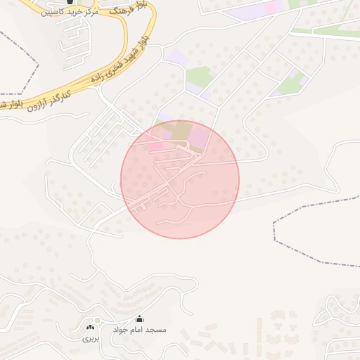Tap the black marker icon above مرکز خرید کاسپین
tap(70, 2)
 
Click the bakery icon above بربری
tap(90, 327)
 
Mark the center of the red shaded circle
tap(180, 179)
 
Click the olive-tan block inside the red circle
tap(182, 129)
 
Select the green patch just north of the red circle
tap(198, 76)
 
